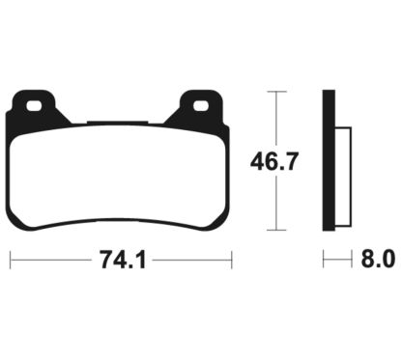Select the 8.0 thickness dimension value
pyautogui.click(x=377, y=261)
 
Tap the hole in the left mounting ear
pyautogui.click(x=36, y=106)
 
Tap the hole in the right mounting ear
pyautogui.click(x=202, y=106)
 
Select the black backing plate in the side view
pyautogui.click(x=329, y=159)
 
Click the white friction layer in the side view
pyautogui.click(x=342, y=174)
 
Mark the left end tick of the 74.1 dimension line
pyautogui.click(x=10, y=261)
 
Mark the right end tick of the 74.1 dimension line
pyautogui.click(x=232, y=261)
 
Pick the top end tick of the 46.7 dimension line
pyautogui.click(x=278, y=91)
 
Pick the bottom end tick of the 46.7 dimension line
pyautogui.click(x=278, y=231)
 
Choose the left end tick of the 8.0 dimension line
pyautogui.click(x=324, y=261)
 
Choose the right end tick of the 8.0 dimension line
pyautogui.click(x=349, y=261)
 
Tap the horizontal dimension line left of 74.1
pyautogui.click(x=48, y=261)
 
